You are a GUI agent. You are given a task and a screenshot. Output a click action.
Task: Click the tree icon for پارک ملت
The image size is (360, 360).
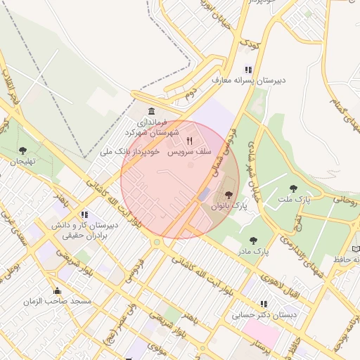coord(293,188)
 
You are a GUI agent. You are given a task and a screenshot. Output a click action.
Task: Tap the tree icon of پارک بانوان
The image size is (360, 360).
coord(228,194)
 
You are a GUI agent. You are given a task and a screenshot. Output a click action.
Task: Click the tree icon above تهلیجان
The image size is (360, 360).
coord(22,150)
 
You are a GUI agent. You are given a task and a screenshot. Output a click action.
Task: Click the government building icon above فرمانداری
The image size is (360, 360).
coord(152,112)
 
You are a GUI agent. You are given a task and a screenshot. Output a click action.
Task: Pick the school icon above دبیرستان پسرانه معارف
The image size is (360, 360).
coord(247,70)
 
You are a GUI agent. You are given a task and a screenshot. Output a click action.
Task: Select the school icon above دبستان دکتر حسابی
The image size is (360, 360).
coord(264,304)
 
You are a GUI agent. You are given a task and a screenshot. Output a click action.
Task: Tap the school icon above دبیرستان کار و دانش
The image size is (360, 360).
coord(85,214)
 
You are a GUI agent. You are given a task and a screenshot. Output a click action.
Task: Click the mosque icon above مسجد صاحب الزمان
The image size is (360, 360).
coord(57,290)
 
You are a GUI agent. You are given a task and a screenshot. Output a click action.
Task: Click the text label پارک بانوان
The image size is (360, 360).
coord(231,206)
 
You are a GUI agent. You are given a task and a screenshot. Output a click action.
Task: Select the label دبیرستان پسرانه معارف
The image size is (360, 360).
coord(249,81)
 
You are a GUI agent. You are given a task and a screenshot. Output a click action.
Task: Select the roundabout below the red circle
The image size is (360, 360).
coord(156,242)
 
